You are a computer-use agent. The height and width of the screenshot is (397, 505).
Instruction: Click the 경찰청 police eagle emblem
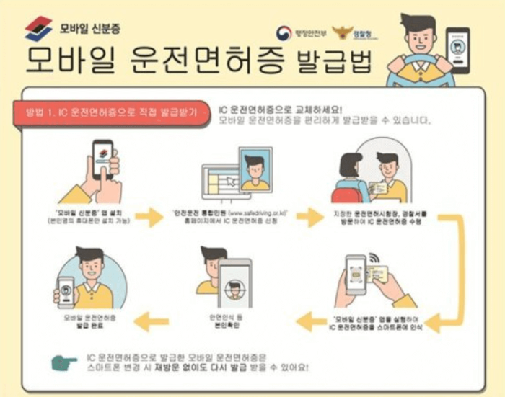click(342, 34)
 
